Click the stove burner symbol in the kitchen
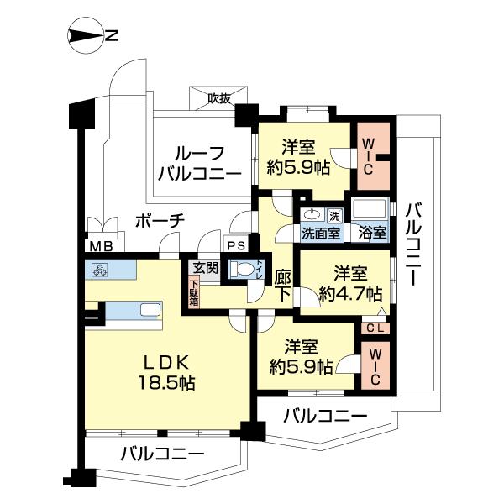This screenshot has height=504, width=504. (x=98, y=270)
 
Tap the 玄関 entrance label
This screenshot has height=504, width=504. (x=204, y=268)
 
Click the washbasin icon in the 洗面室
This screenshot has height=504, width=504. (x=312, y=215)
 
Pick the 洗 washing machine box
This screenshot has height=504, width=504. (x=333, y=215)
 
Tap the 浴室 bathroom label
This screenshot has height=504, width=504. (x=371, y=234)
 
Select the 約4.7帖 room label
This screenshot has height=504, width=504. (x=349, y=285)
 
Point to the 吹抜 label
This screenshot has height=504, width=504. (x=220, y=97)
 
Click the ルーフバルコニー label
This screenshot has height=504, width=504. (x=198, y=164)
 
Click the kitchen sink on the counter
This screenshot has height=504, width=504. (x=149, y=310)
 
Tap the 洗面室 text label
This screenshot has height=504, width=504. (x=319, y=234)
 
